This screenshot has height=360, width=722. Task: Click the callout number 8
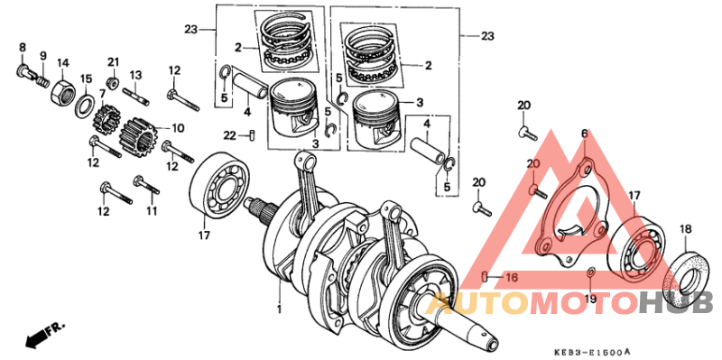click(23, 47)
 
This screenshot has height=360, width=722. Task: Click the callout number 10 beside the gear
click(178, 127)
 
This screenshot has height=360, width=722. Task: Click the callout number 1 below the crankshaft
click(279, 309)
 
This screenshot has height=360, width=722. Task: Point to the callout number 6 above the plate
click(584, 134)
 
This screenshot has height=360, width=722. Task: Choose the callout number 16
click(511, 278)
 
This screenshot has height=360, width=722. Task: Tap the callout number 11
click(152, 211)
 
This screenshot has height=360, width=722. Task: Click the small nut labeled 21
click(114, 83)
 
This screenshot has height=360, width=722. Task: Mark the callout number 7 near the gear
click(102, 118)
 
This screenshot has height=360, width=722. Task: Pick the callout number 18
click(685, 228)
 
